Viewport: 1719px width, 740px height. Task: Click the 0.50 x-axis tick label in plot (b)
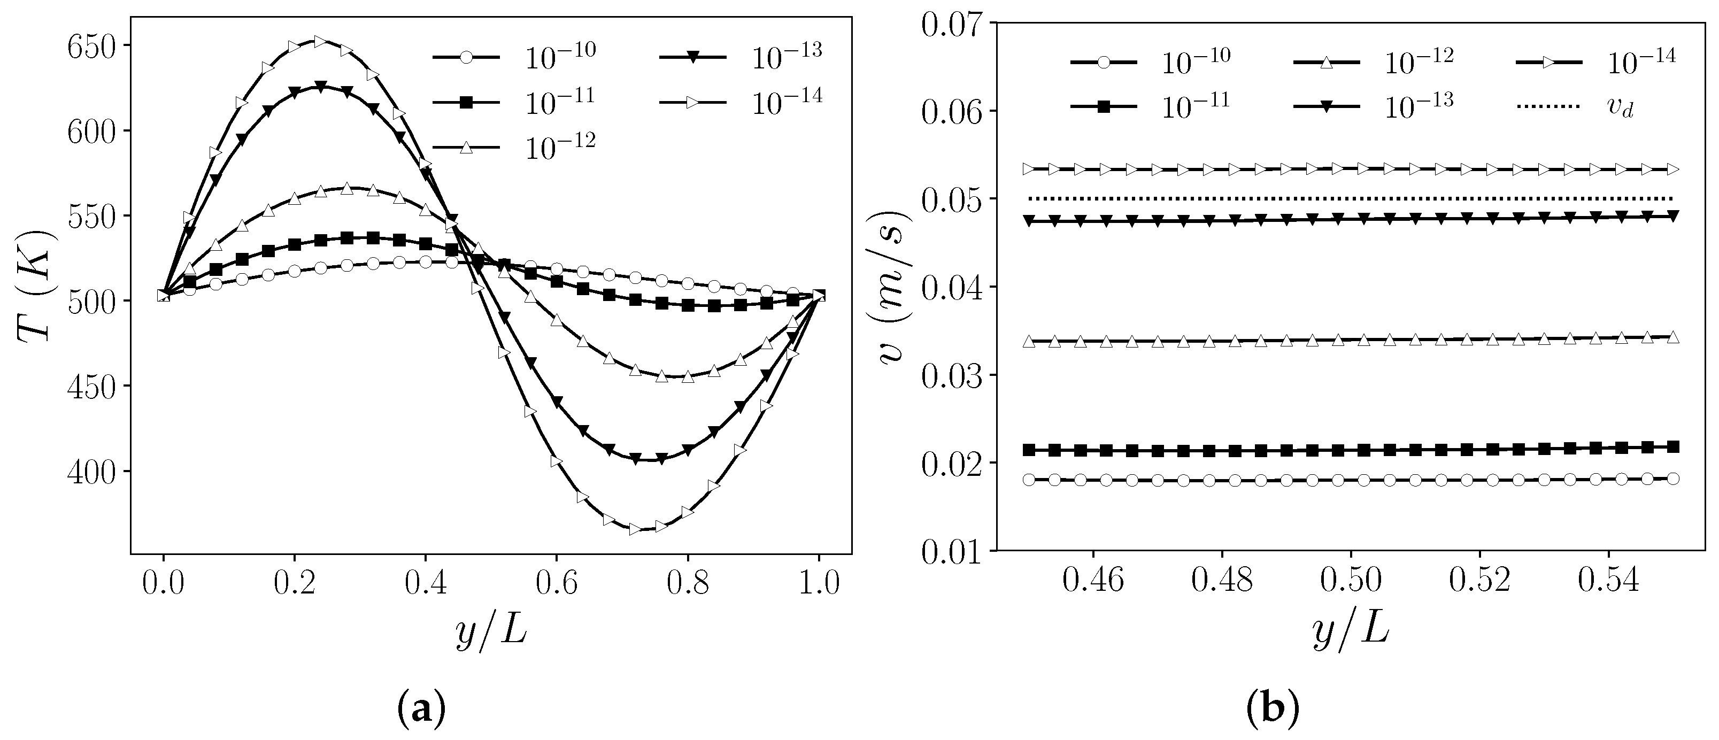click(x=1351, y=581)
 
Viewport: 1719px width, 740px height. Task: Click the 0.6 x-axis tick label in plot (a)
click(x=557, y=584)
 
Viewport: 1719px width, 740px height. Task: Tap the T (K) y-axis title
click(x=33, y=286)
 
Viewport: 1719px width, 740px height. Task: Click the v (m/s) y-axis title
click(x=890, y=286)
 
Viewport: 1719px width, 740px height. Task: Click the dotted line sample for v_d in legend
click(x=1547, y=106)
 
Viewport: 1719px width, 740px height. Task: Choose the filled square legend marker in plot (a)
click(x=467, y=102)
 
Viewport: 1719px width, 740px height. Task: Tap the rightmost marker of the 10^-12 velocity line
click(x=1673, y=337)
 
